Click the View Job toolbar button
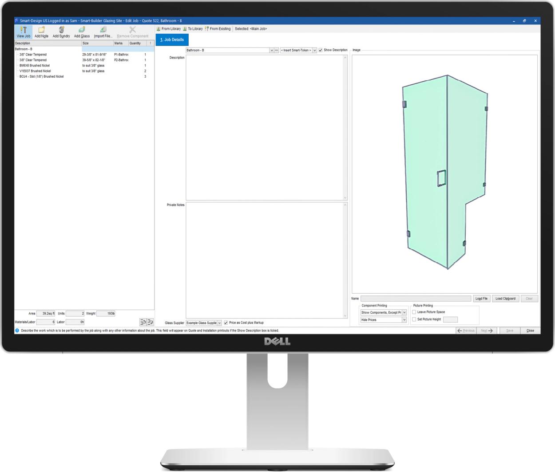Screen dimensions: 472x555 (24, 32)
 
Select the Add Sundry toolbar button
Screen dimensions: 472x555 (61, 32)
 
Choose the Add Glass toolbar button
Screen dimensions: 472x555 (82, 32)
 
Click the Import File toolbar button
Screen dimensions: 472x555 (103, 32)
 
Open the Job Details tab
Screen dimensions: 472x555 (172, 39)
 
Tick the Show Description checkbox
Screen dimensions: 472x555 (321, 50)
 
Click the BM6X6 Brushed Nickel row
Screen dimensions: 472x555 (35, 66)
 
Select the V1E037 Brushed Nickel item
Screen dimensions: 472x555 (35, 71)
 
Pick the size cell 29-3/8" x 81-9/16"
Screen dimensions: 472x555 (94, 55)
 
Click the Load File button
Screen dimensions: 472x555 (481, 299)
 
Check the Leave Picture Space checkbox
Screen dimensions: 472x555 (414, 312)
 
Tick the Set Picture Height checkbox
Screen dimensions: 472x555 (414, 319)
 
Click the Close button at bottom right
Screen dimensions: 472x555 (530, 330)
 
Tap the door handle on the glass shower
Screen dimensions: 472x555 (441, 178)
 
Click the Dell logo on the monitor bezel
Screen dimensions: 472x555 (277, 341)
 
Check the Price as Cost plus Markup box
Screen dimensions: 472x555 (226, 323)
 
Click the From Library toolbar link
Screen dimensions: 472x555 (169, 29)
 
